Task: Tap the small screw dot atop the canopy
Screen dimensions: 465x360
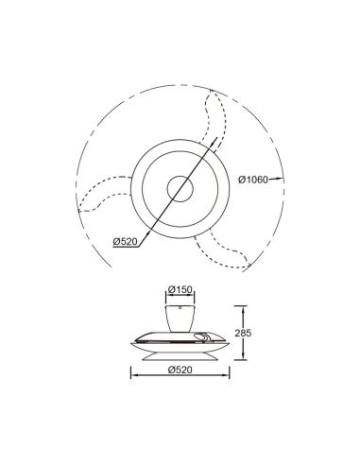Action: coord(180,303)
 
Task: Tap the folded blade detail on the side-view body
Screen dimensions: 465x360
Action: coord(201,337)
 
